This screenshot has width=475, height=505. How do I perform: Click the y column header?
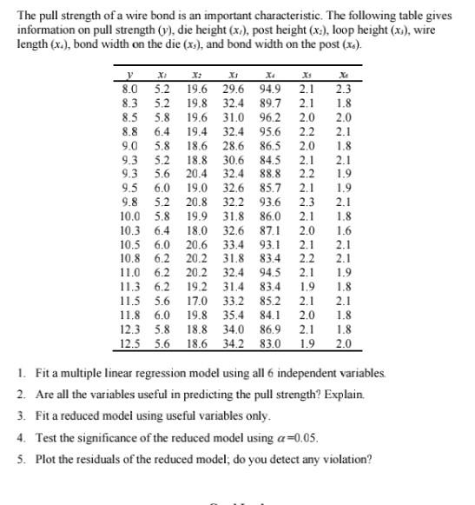click(131, 76)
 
